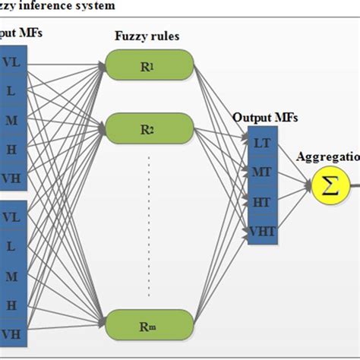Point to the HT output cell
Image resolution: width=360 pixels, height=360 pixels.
pos(261,201)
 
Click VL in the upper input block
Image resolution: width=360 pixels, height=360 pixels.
pos(11,62)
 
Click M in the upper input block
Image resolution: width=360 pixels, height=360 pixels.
pos(11,119)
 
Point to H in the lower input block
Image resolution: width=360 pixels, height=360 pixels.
pos(11,305)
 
